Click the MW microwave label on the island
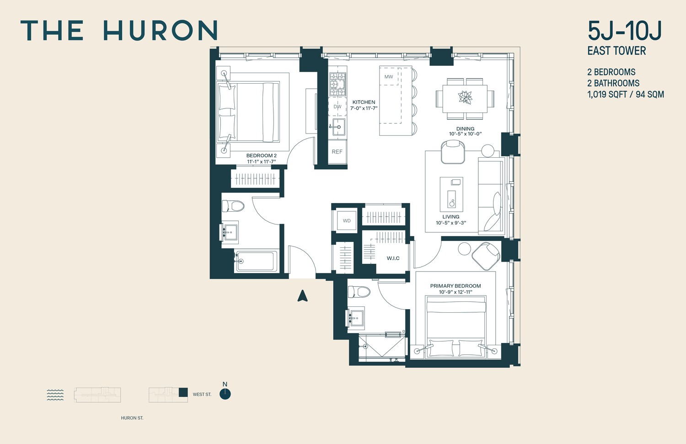(389, 77)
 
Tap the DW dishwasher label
(338, 107)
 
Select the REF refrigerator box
(337, 152)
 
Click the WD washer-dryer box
(347, 221)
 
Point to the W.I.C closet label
(393, 258)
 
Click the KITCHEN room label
(364, 102)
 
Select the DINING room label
(465, 129)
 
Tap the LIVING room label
(450, 217)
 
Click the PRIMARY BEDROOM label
(456, 286)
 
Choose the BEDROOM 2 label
(261, 156)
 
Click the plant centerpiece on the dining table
(465, 97)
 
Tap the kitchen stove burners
(338, 84)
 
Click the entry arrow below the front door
(302, 296)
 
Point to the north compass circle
(225, 394)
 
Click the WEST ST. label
(202, 394)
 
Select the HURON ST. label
(132, 418)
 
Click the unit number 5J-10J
(624, 31)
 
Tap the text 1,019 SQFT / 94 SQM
(626, 95)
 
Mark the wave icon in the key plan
(55, 395)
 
